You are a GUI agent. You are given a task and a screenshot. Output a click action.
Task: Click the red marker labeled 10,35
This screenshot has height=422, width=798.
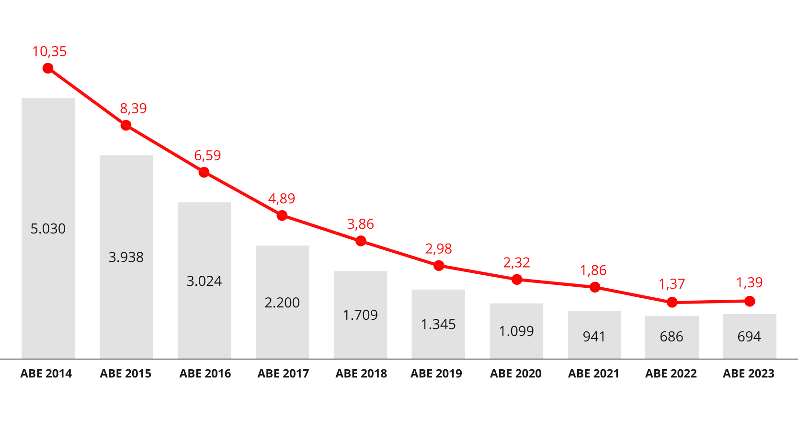(48, 68)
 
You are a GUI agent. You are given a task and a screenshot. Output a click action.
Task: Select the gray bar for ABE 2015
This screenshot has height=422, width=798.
(126, 257)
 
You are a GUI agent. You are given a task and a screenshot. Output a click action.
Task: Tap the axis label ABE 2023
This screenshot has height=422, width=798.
(749, 374)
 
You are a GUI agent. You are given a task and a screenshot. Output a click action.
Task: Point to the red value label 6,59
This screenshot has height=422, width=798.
(207, 156)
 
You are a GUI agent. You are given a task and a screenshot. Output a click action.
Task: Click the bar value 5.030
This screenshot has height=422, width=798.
(48, 229)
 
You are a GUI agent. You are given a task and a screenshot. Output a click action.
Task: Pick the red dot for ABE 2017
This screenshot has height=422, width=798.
(282, 215)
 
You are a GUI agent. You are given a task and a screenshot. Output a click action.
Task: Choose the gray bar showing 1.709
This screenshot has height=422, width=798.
(360, 315)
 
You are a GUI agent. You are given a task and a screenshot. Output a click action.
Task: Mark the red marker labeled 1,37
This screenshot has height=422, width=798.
(672, 303)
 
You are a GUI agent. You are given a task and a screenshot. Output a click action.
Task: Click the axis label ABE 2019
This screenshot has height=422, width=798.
(436, 374)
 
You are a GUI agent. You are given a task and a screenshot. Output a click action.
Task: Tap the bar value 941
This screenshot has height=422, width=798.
(594, 337)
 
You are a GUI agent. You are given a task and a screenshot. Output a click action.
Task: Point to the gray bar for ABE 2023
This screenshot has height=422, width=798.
(750, 336)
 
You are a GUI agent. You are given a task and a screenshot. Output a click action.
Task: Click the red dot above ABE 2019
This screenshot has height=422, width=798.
(439, 266)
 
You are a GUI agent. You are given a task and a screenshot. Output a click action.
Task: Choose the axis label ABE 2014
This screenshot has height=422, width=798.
(46, 374)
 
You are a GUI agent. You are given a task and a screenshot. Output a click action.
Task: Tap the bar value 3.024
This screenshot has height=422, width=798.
(204, 281)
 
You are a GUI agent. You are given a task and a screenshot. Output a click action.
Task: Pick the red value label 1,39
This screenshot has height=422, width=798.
(749, 283)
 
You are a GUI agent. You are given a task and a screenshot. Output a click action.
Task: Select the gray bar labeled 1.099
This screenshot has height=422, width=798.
(516, 331)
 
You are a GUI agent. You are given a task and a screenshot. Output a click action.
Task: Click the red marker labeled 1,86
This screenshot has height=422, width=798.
(594, 287)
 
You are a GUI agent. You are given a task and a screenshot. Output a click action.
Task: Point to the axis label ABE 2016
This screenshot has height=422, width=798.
(205, 374)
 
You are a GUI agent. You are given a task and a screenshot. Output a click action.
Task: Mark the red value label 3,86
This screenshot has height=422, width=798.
(361, 224)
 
